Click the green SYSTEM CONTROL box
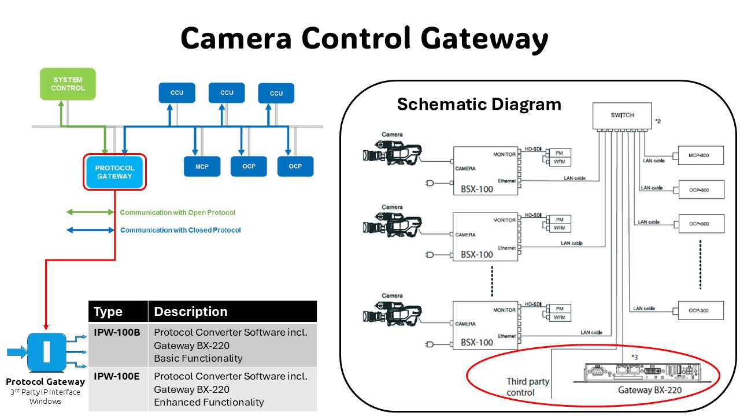click(68, 84)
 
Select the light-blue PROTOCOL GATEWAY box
click(114, 172)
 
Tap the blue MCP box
click(202, 166)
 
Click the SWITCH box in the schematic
click(622, 116)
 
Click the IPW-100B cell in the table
click(117, 333)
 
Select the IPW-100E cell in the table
click(117, 377)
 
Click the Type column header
click(108, 312)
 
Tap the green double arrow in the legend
click(90, 213)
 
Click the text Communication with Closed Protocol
click(180, 230)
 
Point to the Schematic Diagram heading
click(479, 105)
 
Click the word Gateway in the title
click(483, 39)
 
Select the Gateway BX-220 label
click(650, 390)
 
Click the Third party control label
click(528, 387)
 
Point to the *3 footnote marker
click(634, 357)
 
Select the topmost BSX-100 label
click(477, 189)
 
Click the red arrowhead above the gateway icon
click(46, 327)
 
